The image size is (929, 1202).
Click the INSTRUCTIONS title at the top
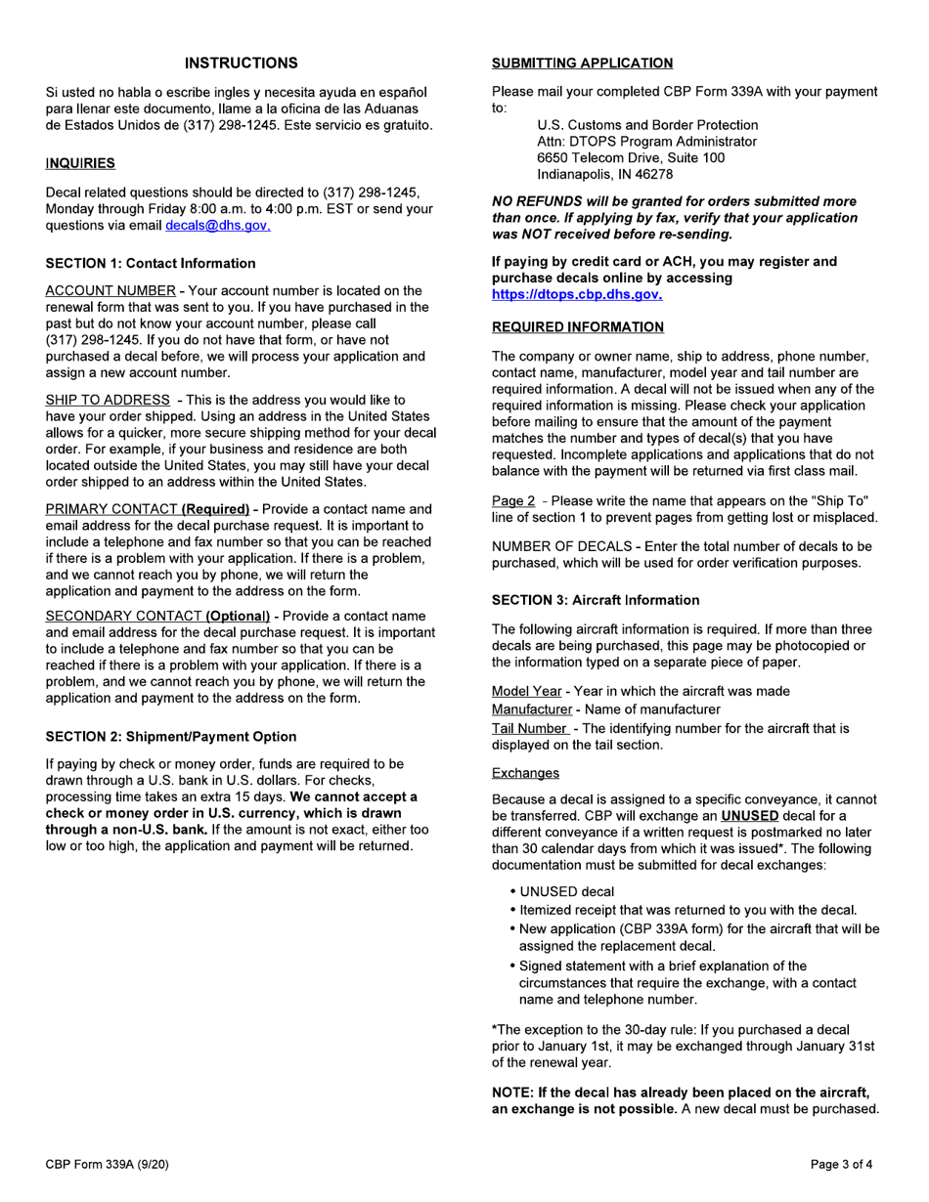(242, 64)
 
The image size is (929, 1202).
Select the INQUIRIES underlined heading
(80, 162)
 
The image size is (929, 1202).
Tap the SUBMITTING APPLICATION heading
(582, 64)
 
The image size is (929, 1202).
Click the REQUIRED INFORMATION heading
(577, 326)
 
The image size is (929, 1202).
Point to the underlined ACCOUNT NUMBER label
(111, 291)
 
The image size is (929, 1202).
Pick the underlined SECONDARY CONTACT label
(122, 617)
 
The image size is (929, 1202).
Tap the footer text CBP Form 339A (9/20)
(111, 1164)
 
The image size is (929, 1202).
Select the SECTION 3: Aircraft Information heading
(595, 600)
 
